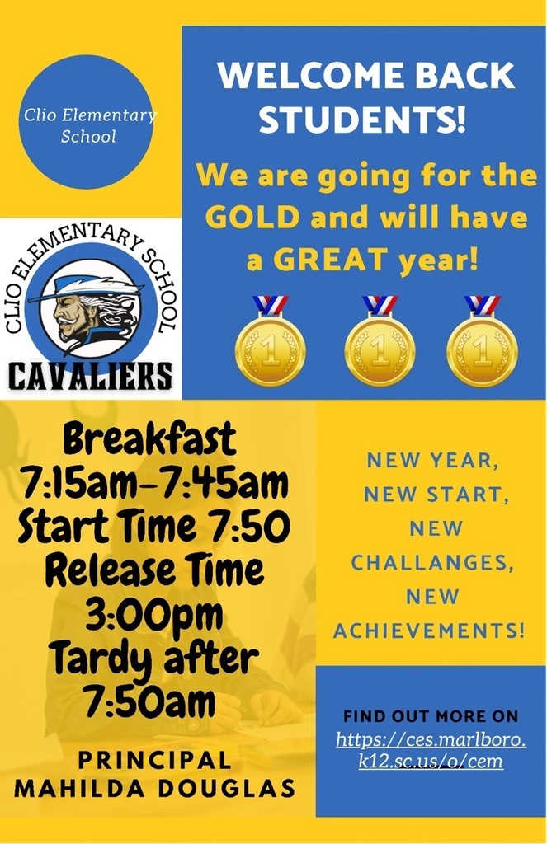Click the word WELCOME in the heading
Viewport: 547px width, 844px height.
(x=311, y=76)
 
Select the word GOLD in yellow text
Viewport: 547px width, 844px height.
(x=252, y=218)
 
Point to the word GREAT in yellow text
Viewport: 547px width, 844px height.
(x=332, y=260)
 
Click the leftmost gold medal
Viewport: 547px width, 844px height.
(x=271, y=342)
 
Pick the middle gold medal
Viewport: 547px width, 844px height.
(x=380, y=342)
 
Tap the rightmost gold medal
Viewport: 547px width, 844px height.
(x=483, y=342)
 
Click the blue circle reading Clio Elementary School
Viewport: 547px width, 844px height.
(x=87, y=122)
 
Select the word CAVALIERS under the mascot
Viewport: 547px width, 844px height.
(x=90, y=376)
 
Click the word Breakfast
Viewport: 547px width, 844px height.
(x=150, y=438)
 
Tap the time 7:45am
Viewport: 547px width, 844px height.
(x=226, y=483)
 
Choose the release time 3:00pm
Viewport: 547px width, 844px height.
(x=154, y=615)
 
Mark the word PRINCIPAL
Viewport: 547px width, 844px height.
(x=155, y=761)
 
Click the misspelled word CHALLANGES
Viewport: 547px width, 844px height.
(x=432, y=563)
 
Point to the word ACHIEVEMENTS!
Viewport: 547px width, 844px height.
(x=429, y=631)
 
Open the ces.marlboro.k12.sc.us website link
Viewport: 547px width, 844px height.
(x=431, y=750)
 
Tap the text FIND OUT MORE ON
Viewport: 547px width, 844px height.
(x=431, y=716)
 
